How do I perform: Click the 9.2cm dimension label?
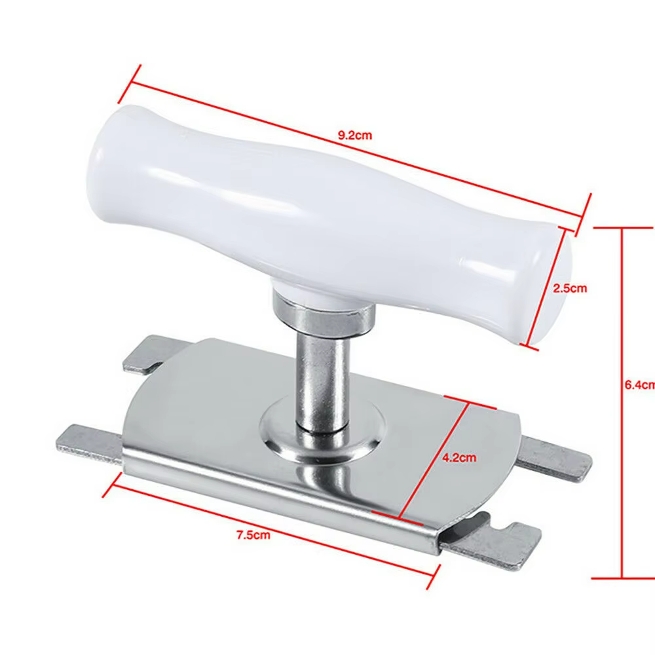354,136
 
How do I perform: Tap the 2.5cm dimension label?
570,288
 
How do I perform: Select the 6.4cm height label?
640,384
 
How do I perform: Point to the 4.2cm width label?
459,457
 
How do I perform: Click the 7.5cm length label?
253,534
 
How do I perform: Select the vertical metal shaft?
322,384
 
